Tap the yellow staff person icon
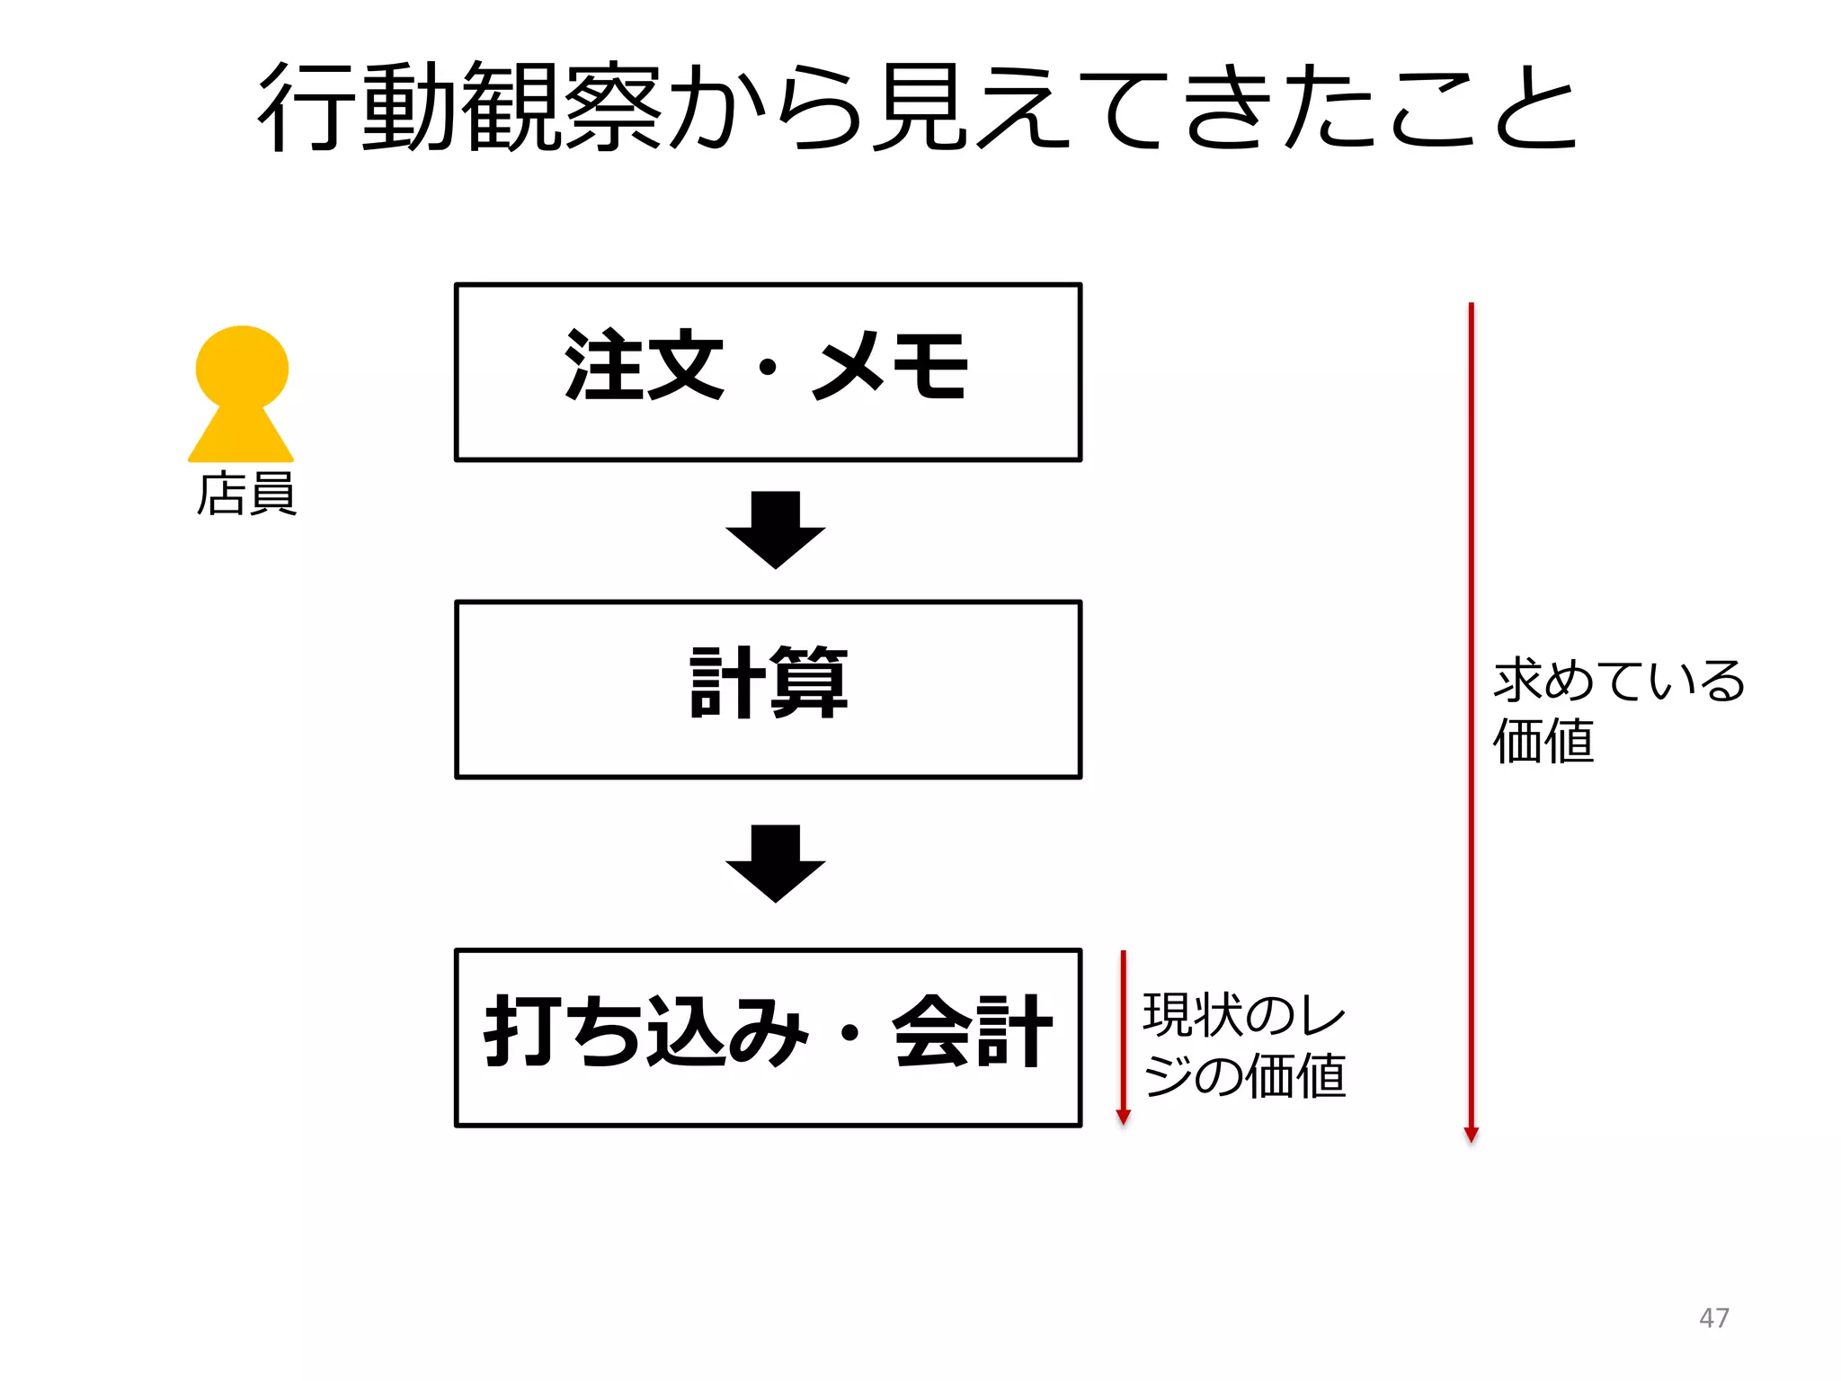click(x=241, y=396)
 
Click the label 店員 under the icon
click(x=246, y=494)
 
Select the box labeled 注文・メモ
click(x=768, y=372)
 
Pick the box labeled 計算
click(x=768, y=689)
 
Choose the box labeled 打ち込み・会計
click(x=768, y=1037)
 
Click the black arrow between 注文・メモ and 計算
click(x=775, y=530)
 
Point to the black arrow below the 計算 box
click(x=775, y=863)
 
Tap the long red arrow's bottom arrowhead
click(x=1471, y=1135)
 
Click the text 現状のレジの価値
click(x=1244, y=1045)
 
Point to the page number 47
click(x=1713, y=1317)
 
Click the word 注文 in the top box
click(x=644, y=365)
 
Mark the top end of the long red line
click(x=1471, y=306)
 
